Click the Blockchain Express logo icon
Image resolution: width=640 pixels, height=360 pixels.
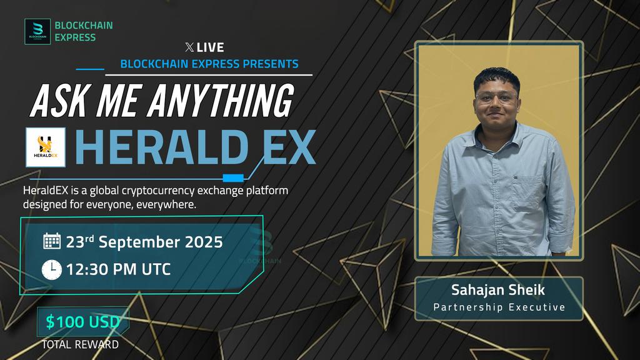(37, 31)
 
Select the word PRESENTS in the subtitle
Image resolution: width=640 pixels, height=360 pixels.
(271, 64)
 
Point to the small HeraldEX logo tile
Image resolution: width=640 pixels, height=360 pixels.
(46, 147)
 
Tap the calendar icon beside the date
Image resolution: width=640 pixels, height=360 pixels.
(52, 241)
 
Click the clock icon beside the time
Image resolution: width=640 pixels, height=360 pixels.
(51, 269)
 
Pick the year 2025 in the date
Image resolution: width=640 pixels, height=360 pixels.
(203, 242)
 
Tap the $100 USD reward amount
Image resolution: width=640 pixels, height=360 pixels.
(83, 322)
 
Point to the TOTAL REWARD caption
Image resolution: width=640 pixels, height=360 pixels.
(80, 344)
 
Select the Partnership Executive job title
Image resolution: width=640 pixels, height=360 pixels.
(499, 307)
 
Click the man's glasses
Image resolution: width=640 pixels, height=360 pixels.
(497, 97)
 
